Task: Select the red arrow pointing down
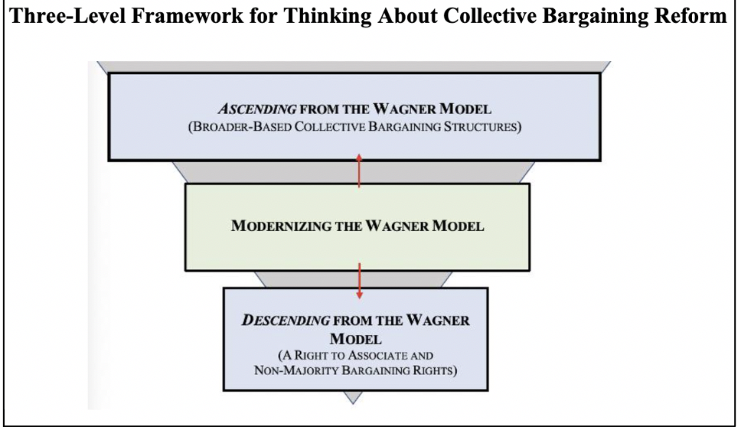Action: click(x=358, y=279)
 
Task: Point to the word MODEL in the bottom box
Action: click(x=354, y=337)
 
